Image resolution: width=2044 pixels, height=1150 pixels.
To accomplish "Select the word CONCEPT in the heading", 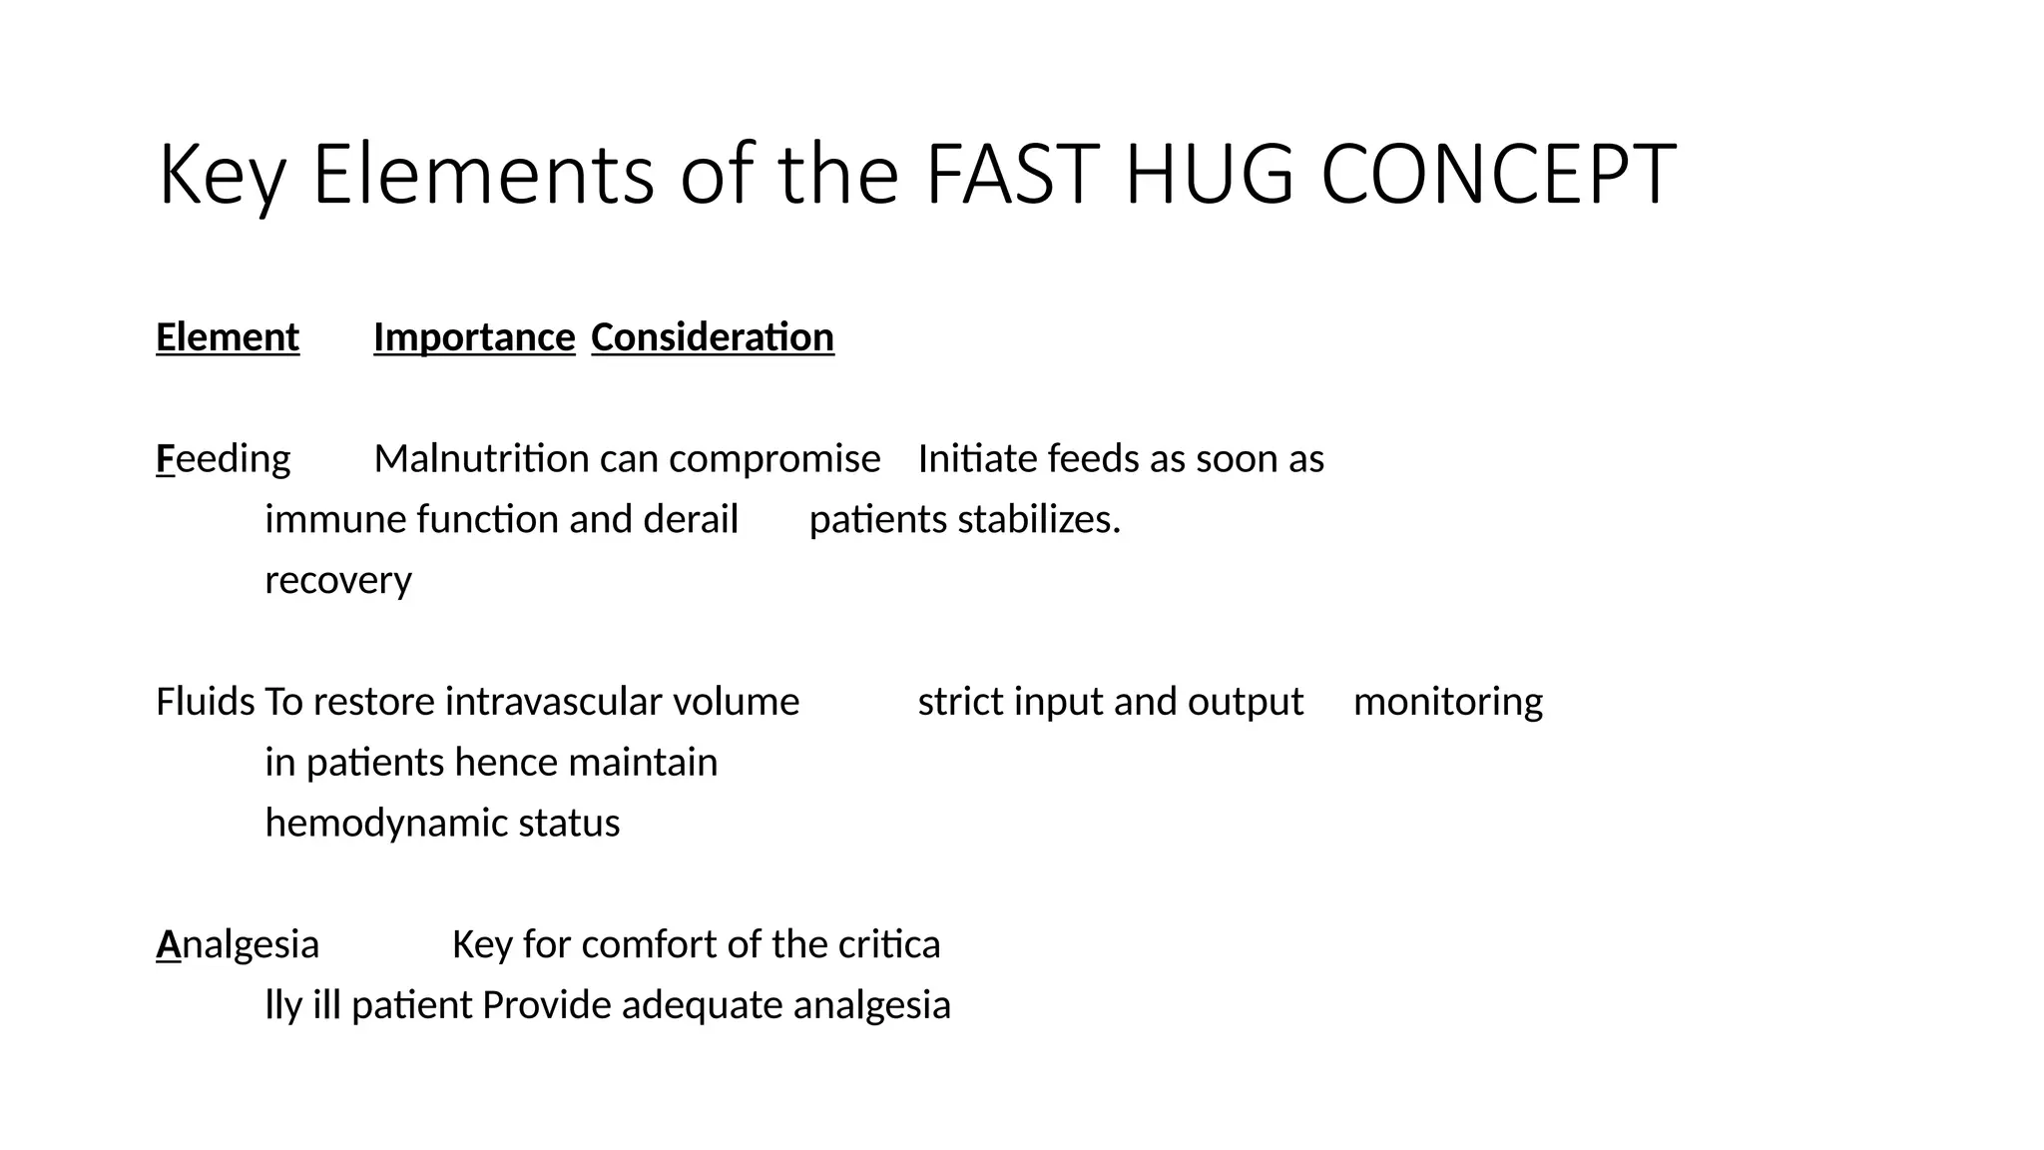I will point(1498,176).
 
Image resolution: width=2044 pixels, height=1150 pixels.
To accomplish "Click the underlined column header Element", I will point(228,337).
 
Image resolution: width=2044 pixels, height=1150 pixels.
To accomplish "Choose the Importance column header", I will point(474,337).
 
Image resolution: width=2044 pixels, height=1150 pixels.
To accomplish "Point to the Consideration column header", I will point(713,337).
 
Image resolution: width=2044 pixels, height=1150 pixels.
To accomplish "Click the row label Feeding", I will point(224,459).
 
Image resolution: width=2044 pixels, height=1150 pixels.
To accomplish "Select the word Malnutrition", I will point(482,459).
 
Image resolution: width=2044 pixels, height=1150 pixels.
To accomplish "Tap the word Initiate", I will point(977,459).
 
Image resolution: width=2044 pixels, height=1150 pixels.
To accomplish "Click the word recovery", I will point(338,581).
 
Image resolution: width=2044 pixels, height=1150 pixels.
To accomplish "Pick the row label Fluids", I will point(205,702).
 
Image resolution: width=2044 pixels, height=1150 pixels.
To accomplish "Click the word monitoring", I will point(1447,702).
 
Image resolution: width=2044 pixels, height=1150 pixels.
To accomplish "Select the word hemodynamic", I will point(386,824).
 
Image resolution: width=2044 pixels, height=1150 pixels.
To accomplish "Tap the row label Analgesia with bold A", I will point(238,944).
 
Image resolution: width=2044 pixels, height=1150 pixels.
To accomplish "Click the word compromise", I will point(774,459).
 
